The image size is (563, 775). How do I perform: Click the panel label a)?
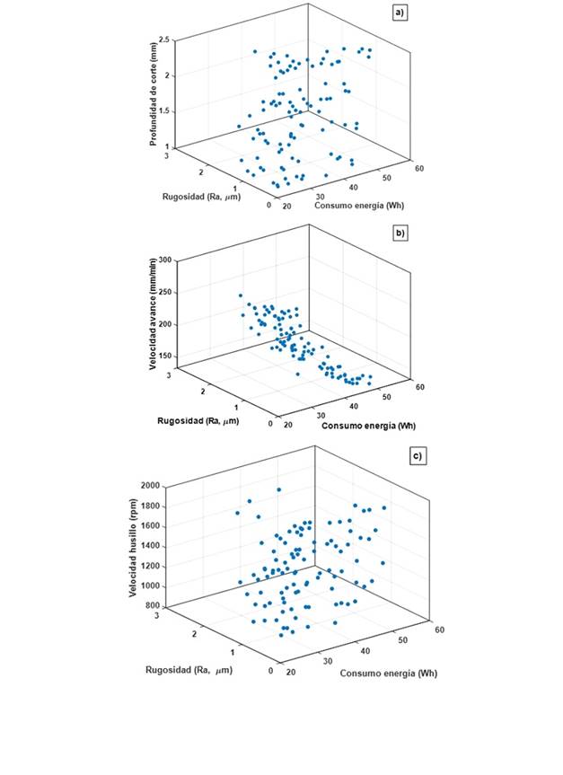click(x=400, y=13)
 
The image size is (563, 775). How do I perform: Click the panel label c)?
click(x=417, y=456)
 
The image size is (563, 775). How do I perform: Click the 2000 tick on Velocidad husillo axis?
click(x=149, y=486)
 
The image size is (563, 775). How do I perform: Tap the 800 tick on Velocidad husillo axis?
click(x=152, y=606)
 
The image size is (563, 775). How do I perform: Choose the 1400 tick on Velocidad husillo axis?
click(x=149, y=546)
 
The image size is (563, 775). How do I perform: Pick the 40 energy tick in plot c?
click(x=365, y=650)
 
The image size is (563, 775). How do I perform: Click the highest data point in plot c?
click(x=279, y=489)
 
